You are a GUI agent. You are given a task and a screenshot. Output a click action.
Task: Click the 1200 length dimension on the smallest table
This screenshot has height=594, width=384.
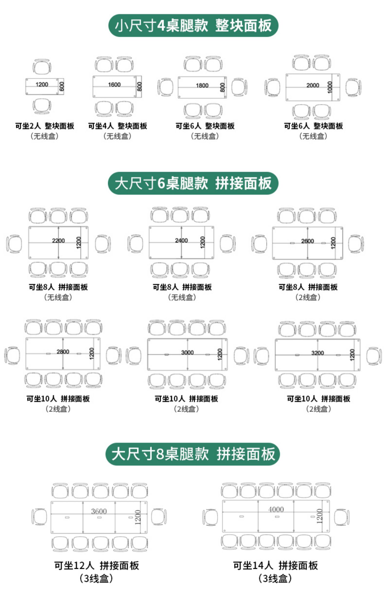tap(42, 84)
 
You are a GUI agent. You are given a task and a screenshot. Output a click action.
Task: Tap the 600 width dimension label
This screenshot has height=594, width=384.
tap(61, 86)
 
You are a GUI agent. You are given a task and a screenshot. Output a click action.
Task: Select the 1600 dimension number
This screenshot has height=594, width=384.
tap(114, 85)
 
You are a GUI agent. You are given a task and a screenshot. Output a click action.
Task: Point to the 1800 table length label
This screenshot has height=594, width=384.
tap(202, 85)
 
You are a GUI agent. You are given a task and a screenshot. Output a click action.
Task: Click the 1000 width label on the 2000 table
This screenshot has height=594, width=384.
tap(330, 87)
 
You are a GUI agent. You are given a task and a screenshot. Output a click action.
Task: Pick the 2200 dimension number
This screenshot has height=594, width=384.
tap(58, 241)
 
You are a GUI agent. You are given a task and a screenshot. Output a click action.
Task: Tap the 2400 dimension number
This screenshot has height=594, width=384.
tap(182, 240)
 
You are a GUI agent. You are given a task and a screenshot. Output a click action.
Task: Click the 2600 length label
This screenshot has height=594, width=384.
tap(307, 241)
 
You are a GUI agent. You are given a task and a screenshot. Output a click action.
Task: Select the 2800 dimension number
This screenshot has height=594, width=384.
tap(63, 352)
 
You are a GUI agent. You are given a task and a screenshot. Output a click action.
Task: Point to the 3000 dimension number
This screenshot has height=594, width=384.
tap(187, 353)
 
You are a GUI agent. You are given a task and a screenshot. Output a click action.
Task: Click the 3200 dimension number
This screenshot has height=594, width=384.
tap(318, 353)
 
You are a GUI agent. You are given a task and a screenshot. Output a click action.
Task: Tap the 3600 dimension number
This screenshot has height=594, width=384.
tap(99, 511)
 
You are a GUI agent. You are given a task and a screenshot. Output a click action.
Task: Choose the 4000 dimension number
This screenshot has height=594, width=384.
tap(276, 509)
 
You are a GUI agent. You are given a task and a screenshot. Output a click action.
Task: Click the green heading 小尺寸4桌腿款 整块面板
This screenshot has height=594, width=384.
tap(193, 26)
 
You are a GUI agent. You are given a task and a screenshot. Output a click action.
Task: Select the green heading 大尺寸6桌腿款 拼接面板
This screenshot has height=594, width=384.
tap(193, 183)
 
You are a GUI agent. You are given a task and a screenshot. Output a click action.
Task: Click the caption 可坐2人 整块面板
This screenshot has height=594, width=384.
tap(45, 126)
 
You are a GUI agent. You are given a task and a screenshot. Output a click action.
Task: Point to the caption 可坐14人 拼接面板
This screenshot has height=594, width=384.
tap(275, 565)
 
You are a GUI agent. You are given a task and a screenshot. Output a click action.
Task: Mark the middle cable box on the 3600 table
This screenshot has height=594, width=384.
tap(99, 517)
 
